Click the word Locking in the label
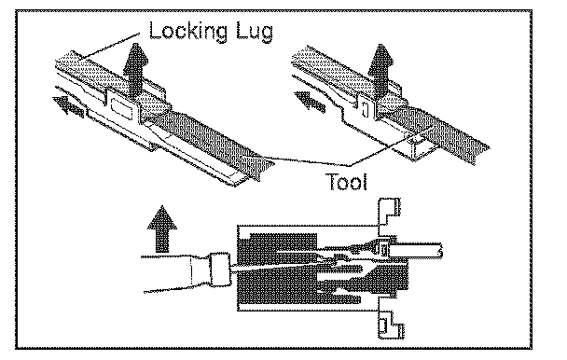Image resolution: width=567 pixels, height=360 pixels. tap(188, 32)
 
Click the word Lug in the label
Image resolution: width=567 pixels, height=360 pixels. tap(255, 33)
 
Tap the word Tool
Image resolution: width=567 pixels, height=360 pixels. tap(346, 182)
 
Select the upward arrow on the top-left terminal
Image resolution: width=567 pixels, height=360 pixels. tap(135, 71)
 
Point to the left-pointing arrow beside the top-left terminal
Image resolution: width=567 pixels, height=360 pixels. tap(68, 106)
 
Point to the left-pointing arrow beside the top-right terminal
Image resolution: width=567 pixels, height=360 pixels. tap(310, 101)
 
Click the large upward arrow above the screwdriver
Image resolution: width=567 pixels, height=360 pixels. tap(162, 229)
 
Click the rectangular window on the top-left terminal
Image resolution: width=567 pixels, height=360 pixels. tap(122, 108)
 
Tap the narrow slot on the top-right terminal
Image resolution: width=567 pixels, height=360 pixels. tap(366, 110)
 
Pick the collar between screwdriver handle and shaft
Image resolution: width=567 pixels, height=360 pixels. tap(220, 270)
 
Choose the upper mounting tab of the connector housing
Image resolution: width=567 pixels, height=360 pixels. tap(389, 212)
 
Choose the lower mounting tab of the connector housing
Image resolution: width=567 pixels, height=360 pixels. tap(391, 325)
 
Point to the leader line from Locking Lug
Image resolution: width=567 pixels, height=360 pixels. tap(109, 46)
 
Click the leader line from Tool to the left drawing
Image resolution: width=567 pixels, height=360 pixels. tap(308, 161)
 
